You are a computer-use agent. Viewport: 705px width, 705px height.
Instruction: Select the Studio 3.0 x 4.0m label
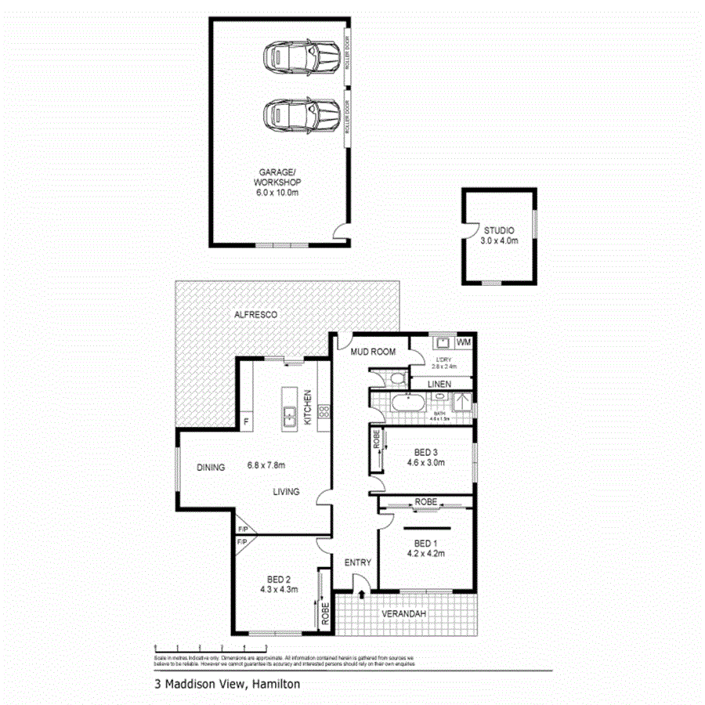coord(499,236)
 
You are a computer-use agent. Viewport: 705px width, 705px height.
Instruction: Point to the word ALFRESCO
coord(256,314)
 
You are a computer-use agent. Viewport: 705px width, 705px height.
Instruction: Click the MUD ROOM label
coord(373,352)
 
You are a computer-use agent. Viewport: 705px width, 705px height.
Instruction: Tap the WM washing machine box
coord(464,342)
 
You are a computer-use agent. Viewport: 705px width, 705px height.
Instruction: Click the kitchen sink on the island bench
coord(288,415)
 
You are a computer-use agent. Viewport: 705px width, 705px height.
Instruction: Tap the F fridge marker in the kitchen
coord(246,422)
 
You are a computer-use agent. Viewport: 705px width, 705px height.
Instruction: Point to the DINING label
coord(211,468)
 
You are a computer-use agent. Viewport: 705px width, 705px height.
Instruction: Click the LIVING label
coord(287,492)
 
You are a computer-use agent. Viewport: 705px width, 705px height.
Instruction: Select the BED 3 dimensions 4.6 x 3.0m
coord(426,463)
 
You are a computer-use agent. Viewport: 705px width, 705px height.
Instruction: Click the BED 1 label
coord(426,542)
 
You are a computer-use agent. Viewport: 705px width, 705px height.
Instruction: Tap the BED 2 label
coord(280,579)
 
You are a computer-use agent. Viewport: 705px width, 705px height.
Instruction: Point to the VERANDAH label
coord(404,614)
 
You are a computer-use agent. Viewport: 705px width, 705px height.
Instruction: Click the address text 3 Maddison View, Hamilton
coord(227,684)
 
